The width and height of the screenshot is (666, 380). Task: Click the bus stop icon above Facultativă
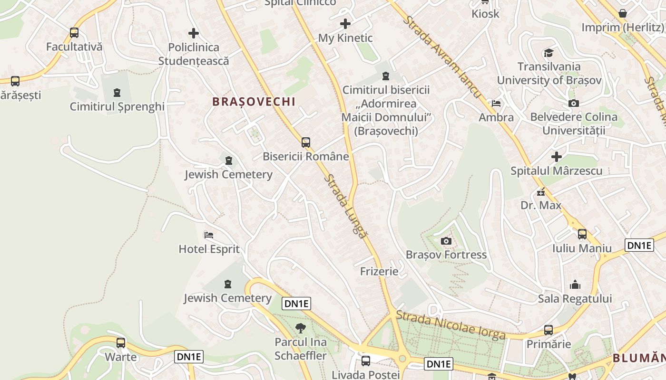point(74,33)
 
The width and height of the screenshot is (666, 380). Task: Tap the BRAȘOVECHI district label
point(254,102)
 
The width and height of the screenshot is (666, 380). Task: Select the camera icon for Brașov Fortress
point(446,241)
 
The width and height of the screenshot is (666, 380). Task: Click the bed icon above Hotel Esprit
point(208,235)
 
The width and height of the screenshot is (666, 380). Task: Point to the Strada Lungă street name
point(346,207)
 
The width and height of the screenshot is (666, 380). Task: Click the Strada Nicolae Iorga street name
point(451,325)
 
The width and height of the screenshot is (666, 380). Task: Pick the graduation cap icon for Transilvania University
point(549,52)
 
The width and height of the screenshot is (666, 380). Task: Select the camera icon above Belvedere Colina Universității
point(574,103)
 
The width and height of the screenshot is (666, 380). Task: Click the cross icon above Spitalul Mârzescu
point(556,157)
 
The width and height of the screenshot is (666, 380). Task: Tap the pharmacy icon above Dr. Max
point(540,192)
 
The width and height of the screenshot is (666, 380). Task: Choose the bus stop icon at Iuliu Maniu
point(582,234)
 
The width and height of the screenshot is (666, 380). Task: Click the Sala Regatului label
point(575,299)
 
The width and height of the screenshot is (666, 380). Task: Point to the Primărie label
point(548,344)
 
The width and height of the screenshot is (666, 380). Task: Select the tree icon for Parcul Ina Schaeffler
point(300,328)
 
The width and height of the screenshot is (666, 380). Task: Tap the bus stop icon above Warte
point(121,343)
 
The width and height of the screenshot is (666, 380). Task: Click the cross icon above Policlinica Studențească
point(193,33)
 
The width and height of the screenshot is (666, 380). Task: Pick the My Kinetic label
point(345,38)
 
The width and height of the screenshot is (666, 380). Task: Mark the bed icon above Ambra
point(496,103)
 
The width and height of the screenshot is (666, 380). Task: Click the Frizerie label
point(379,272)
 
